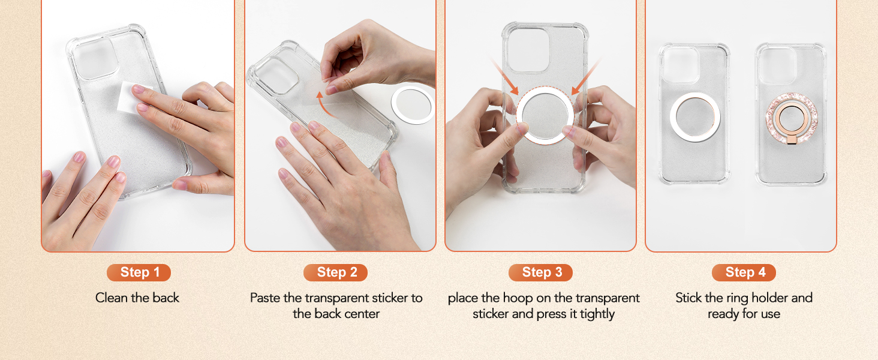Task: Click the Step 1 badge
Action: [139, 272]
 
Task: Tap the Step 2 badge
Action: [336, 272]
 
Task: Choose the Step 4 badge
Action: [744, 272]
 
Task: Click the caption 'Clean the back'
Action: [137, 298]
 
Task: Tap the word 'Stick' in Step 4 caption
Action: [689, 298]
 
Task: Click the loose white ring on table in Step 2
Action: [413, 105]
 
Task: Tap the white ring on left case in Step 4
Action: [694, 116]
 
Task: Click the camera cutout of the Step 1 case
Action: [94, 58]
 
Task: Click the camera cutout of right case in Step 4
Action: [777, 65]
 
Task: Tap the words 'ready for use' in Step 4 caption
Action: [744, 314]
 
